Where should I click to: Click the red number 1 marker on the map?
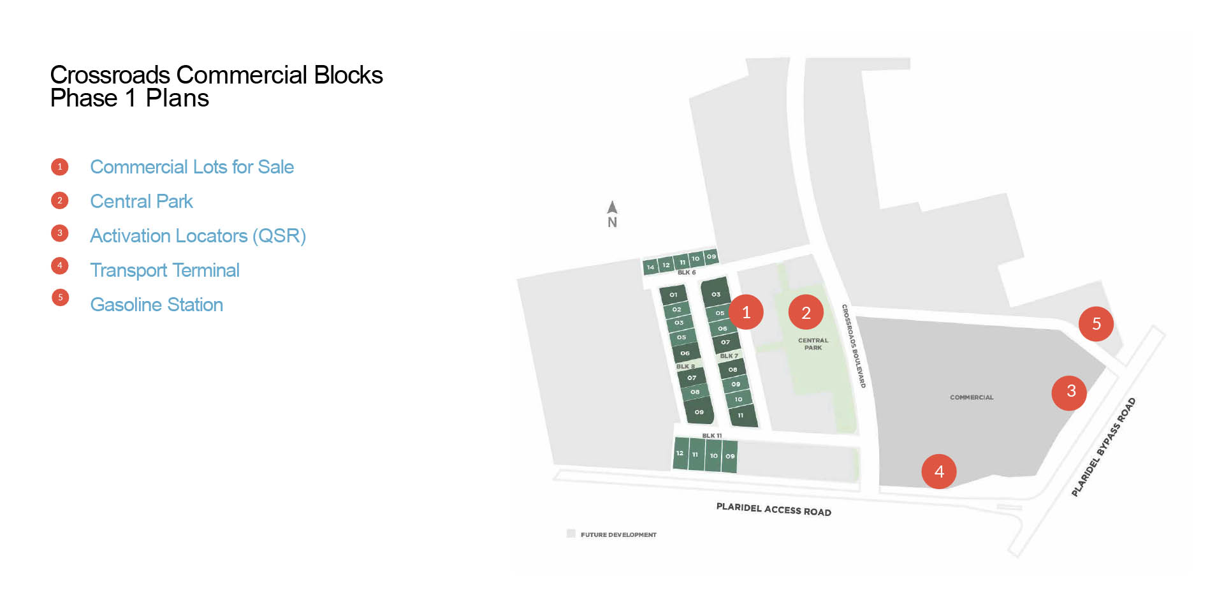(x=746, y=312)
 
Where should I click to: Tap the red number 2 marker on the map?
(x=806, y=312)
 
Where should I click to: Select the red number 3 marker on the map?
(x=1071, y=391)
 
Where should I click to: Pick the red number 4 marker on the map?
(x=939, y=471)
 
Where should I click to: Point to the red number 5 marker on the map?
(x=1096, y=323)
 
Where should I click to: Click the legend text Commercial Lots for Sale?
(x=192, y=167)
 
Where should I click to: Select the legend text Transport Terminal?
(x=164, y=270)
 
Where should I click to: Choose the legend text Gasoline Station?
(x=156, y=305)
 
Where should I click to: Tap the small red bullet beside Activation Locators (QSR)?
(x=60, y=233)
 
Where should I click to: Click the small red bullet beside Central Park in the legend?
(x=60, y=200)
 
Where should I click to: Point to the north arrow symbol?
(x=612, y=208)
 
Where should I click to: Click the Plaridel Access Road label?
(x=773, y=509)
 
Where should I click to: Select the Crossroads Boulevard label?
(x=854, y=346)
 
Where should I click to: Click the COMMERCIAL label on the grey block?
(x=972, y=397)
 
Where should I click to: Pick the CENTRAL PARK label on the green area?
(x=813, y=344)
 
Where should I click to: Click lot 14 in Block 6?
(x=650, y=267)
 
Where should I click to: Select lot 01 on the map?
(x=673, y=295)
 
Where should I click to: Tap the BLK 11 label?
(x=711, y=436)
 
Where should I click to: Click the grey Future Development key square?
(x=571, y=534)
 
